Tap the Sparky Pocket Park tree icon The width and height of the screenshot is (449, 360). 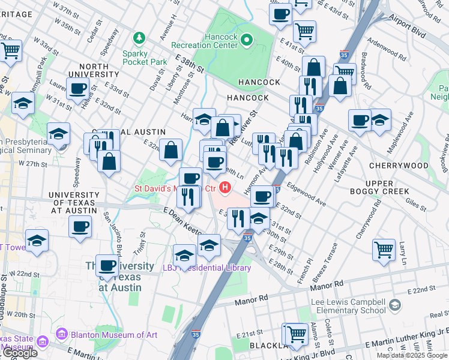pos(140,39)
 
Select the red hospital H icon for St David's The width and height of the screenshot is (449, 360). pos(226,188)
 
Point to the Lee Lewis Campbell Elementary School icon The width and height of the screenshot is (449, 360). pos(394,305)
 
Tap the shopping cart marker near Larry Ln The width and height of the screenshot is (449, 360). pos(384,249)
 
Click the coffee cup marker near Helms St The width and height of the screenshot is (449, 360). pos(77,89)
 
